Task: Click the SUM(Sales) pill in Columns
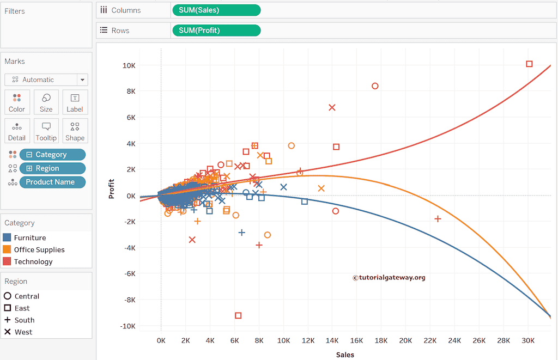point(216,10)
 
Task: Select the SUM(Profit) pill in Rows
point(216,30)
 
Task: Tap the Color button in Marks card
point(17,102)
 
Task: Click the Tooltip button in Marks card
point(46,131)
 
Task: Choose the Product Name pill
point(52,182)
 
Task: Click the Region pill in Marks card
point(52,168)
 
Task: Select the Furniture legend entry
point(29,237)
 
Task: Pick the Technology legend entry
point(33,261)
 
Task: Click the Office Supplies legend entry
point(39,249)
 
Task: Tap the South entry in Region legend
point(24,320)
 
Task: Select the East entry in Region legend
point(22,308)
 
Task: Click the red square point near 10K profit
point(529,64)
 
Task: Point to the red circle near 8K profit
point(375,86)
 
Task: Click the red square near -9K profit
point(238,315)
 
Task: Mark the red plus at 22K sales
point(438,218)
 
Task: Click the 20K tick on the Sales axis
point(406,340)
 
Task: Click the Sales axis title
point(345,355)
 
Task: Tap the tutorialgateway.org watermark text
point(389,277)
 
